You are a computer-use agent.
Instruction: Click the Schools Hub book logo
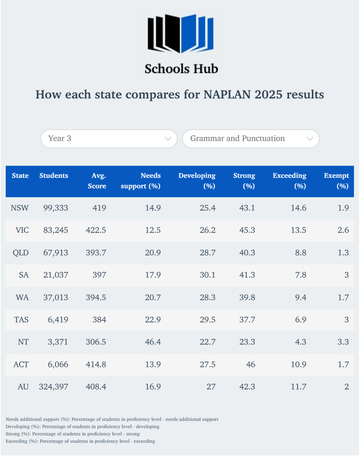coord(180,33)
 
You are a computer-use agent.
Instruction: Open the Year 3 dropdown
coord(109,139)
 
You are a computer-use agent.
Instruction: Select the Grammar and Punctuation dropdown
coord(251,139)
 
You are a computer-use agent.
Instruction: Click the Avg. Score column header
coord(97,181)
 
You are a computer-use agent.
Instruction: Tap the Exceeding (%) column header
coord(289,181)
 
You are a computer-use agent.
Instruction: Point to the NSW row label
coord(20,208)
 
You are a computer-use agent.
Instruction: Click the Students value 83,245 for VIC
coord(56,230)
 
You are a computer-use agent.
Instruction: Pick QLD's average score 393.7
coord(96,253)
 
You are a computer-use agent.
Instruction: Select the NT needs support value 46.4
coord(153,342)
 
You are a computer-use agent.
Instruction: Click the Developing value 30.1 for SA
coord(207,275)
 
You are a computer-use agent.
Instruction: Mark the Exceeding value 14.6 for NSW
coord(298,208)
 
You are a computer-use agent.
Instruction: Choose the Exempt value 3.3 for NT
coord(343,342)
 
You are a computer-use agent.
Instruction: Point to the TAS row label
coord(21,320)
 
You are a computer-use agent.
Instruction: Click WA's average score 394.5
coord(96,297)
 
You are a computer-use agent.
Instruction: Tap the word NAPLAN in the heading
coord(227,95)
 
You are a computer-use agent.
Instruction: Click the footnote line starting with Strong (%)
coord(73,434)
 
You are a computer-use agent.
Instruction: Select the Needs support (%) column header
coord(141,181)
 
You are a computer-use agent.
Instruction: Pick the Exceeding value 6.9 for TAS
coord(300,320)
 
